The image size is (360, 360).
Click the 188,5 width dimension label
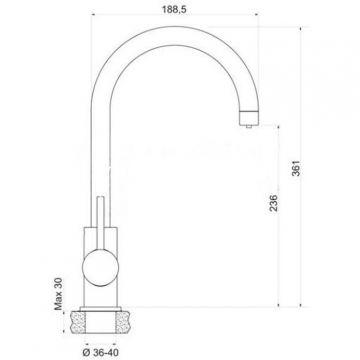click(x=174, y=10)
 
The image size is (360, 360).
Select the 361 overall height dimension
click(x=296, y=168)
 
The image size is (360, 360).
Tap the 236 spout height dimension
click(x=274, y=203)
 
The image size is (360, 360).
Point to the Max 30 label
click(x=59, y=294)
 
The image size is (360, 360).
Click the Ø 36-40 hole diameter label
click(x=100, y=352)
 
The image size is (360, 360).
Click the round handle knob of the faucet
click(x=100, y=268)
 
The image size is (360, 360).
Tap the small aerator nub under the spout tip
click(x=248, y=126)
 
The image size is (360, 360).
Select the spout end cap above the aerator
click(x=249, y=117)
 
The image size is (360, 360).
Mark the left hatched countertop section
click(x=78, y=322)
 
